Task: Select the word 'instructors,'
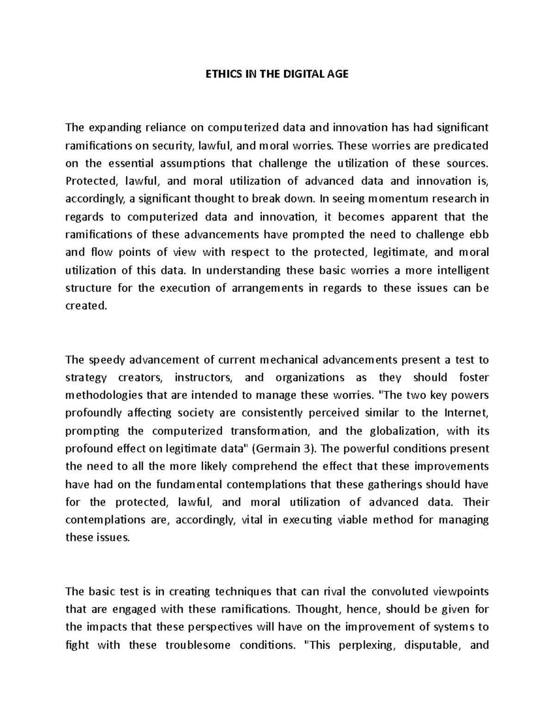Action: click(203, 377)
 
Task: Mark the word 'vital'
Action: click(252, 520)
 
